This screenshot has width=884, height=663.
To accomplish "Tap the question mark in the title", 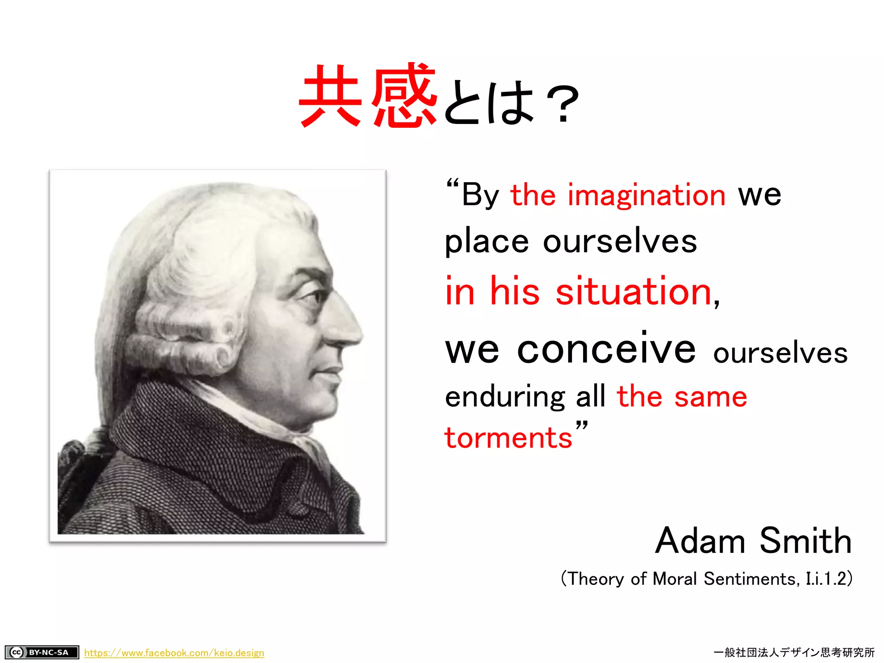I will point(562,104).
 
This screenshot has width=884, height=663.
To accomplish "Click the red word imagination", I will point(646,195).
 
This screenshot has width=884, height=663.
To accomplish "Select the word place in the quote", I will point(486,242).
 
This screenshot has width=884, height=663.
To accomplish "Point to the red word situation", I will point(634,292).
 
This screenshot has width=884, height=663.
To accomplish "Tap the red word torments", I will point(508,438).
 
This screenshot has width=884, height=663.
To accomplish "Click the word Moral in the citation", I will point(675,579).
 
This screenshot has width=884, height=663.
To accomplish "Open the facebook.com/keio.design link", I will point(174,653).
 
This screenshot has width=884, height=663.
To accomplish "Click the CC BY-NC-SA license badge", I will point(42,652).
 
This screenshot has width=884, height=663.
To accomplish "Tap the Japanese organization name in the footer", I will point(794,652).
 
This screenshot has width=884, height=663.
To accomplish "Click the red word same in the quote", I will point(710,397).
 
